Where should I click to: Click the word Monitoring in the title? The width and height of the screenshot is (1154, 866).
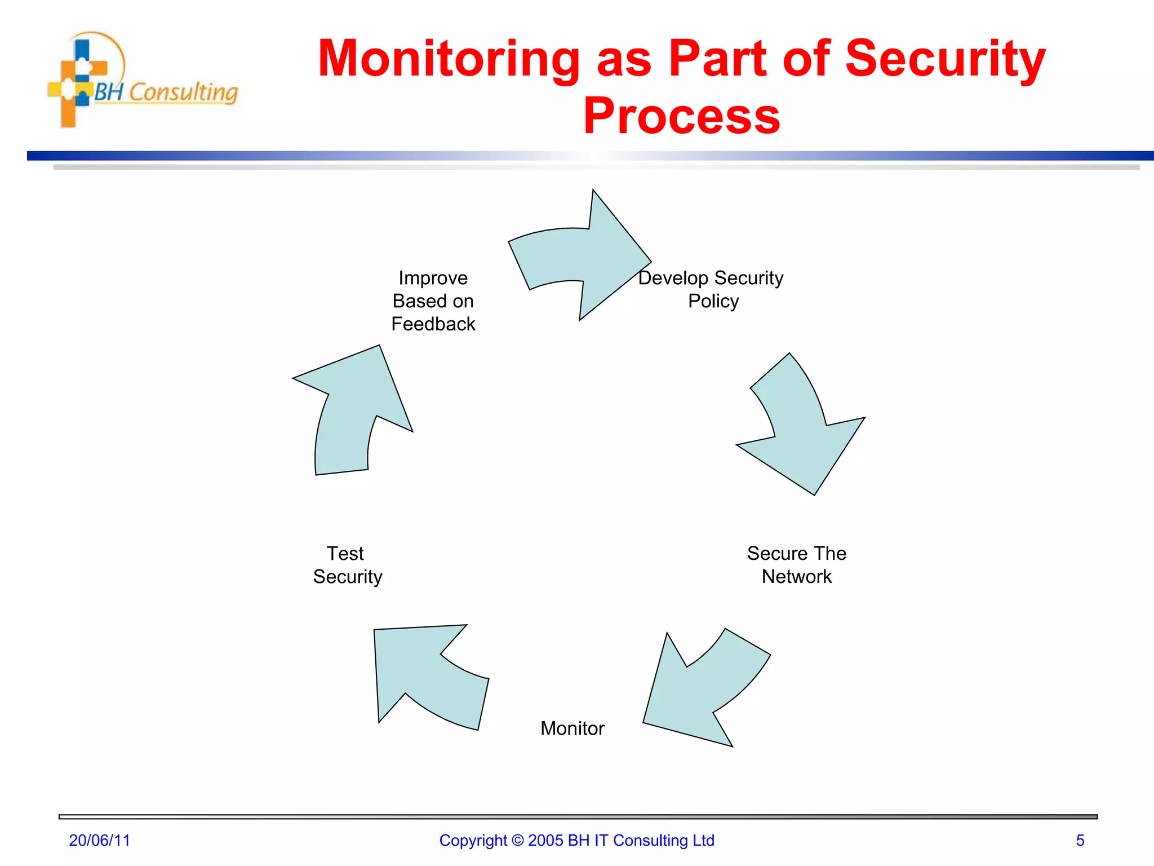(x=449, y=59)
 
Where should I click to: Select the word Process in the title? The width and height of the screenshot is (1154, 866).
(x=681, y=116)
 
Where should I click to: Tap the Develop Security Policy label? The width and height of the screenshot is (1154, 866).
(x=711, y=289)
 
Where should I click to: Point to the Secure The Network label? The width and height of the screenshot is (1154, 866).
(x=796, y=565)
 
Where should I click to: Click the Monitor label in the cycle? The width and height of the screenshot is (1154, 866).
(x=572, y=728)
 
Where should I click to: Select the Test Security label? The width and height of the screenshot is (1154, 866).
(x=347, y=565)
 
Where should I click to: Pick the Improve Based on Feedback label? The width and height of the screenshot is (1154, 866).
(x=433, y=301)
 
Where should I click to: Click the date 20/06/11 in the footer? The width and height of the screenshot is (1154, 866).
(x=99, y=841)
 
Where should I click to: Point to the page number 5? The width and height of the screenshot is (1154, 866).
(x=1080, y=841)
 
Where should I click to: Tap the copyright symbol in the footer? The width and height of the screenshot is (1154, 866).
(x=517, y=841)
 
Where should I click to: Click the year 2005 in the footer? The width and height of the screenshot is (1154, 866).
(x=545, y=841)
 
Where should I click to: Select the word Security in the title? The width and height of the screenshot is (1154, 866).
(x=945, y=59)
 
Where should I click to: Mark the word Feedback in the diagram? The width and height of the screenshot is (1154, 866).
(x=433, y=324)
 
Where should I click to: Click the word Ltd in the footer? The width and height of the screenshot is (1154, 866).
(x=703, y=841)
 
